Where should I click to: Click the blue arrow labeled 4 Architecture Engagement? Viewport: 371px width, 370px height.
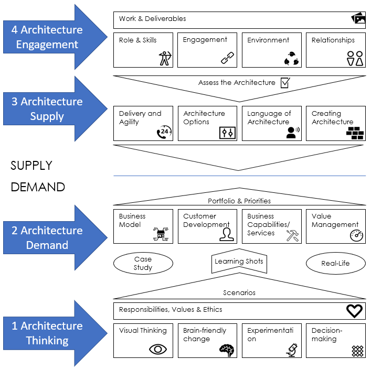(x=47, y=37)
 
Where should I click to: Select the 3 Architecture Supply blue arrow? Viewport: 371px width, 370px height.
(x=47, y=108)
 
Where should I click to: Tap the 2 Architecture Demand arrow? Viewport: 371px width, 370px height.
(x=47, y=237)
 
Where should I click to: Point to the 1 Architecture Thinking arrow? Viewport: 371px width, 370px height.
(x=47, y=333)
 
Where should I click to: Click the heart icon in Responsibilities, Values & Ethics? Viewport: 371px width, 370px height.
(x=355, y=311)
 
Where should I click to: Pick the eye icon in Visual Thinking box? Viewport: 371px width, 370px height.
(x=158, y=349)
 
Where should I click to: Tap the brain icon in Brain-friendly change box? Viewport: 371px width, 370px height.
(x=227, y=350)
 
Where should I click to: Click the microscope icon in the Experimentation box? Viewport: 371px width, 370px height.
(x=292, y=350)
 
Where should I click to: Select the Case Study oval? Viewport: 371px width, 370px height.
(x=143, y=263)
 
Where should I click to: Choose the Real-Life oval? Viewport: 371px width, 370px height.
(x=335, y=263)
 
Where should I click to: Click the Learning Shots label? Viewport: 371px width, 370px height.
(x=239, y=262)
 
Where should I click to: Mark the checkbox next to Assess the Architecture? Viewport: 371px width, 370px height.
(x=285, y=82)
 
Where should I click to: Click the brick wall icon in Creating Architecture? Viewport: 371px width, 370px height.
(x=355, y=133)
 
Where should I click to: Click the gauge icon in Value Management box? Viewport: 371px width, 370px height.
(x=356, y=235)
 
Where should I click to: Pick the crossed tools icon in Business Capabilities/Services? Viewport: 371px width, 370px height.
(x=292, y=235)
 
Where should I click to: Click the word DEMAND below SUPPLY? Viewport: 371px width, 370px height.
(x=38, y=187)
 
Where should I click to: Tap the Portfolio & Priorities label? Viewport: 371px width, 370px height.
(x=239, y=201)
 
